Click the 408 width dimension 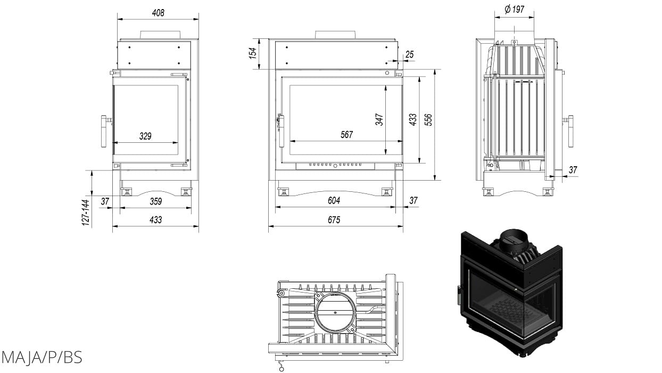[x=158, y=12]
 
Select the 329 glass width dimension [x=145, y=136]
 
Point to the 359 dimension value [x=156, y=201]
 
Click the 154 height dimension [x=253, y=53]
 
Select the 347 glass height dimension [x=379, y=119]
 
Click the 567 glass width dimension [x=346, y=135]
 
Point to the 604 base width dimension [x=334, y=201]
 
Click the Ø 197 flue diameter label [x=514, y=9]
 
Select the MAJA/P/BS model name [x=42, y=357]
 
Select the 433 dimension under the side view [x=155, y=220]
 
